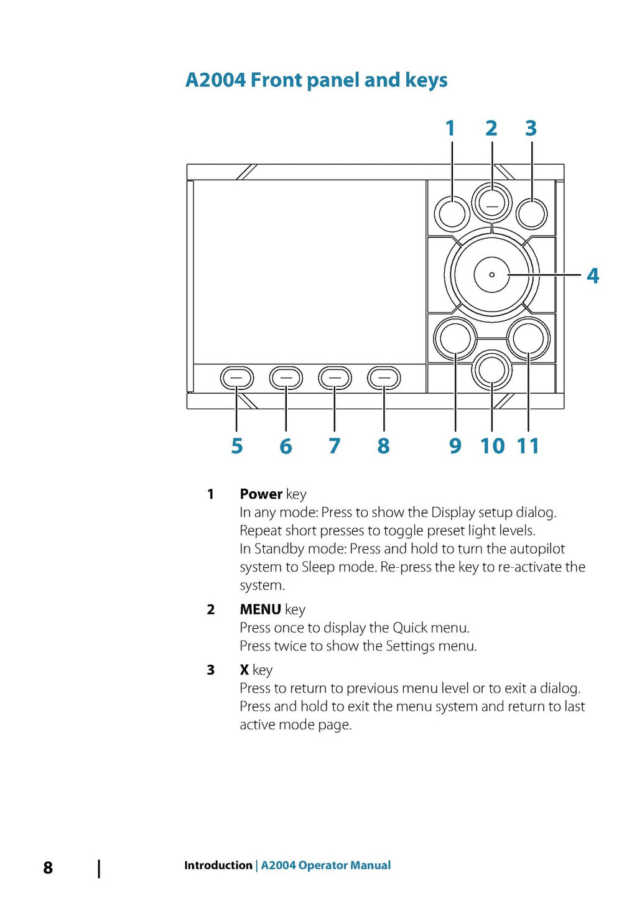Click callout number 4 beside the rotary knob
pyautogui.click(x=593, y=276)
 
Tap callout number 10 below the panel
pyautogui.click(x=492, y=446)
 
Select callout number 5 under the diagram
pyautogui.click(x=237, y=446)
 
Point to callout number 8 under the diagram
pyautogui.click(x=383, y=446)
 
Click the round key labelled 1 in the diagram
pyautogui.click(x=452, y=214)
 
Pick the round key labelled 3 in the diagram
pyautogui.click(x=531, y=214)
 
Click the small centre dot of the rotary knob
pyautogui.click(x=492, y=274)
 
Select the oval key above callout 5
pyautogui.click(x=236, y=377)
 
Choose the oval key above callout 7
pyautogui.click(x=335, y=377)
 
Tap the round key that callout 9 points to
pyautogui.click(x=455, y=339)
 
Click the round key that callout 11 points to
pyautogui.click(x=529, y=339)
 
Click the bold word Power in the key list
pyautogui.click(x=261, y=494)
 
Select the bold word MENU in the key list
pyautogui.click(x=260, y=609)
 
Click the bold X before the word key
pyautogui.click(x=244, y=670)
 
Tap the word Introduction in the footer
pyautogui.click(x=218, y=865)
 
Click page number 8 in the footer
pyautogui.click(x=48, y=868)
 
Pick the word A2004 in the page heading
pyautogui.click(x=215, y=80)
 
